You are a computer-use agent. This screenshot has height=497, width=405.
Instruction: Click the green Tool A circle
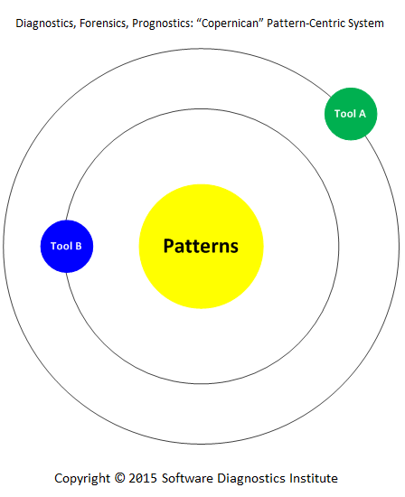coord(351,114)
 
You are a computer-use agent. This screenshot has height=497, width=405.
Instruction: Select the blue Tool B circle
coord(67,247)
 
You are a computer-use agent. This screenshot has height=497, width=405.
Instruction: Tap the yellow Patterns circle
coord(201,247)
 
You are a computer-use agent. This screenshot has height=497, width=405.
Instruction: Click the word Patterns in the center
coord(201,246)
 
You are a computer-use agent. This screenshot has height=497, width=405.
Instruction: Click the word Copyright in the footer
coord(82,478)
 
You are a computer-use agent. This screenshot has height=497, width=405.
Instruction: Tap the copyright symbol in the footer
coord(120,478)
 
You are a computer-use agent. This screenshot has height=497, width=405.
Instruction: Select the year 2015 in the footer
coord(143,478)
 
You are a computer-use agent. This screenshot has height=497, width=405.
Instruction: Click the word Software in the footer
coord(187,478)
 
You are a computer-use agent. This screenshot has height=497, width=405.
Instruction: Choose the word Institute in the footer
coord(314,478)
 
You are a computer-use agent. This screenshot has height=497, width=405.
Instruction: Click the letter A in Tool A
coord(363,114)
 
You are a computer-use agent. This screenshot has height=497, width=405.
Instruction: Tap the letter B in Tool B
coord(79,247)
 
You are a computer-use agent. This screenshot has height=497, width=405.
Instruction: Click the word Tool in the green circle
coord(345,114)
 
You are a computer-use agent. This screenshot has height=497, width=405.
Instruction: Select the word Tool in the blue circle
coord(61,247)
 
